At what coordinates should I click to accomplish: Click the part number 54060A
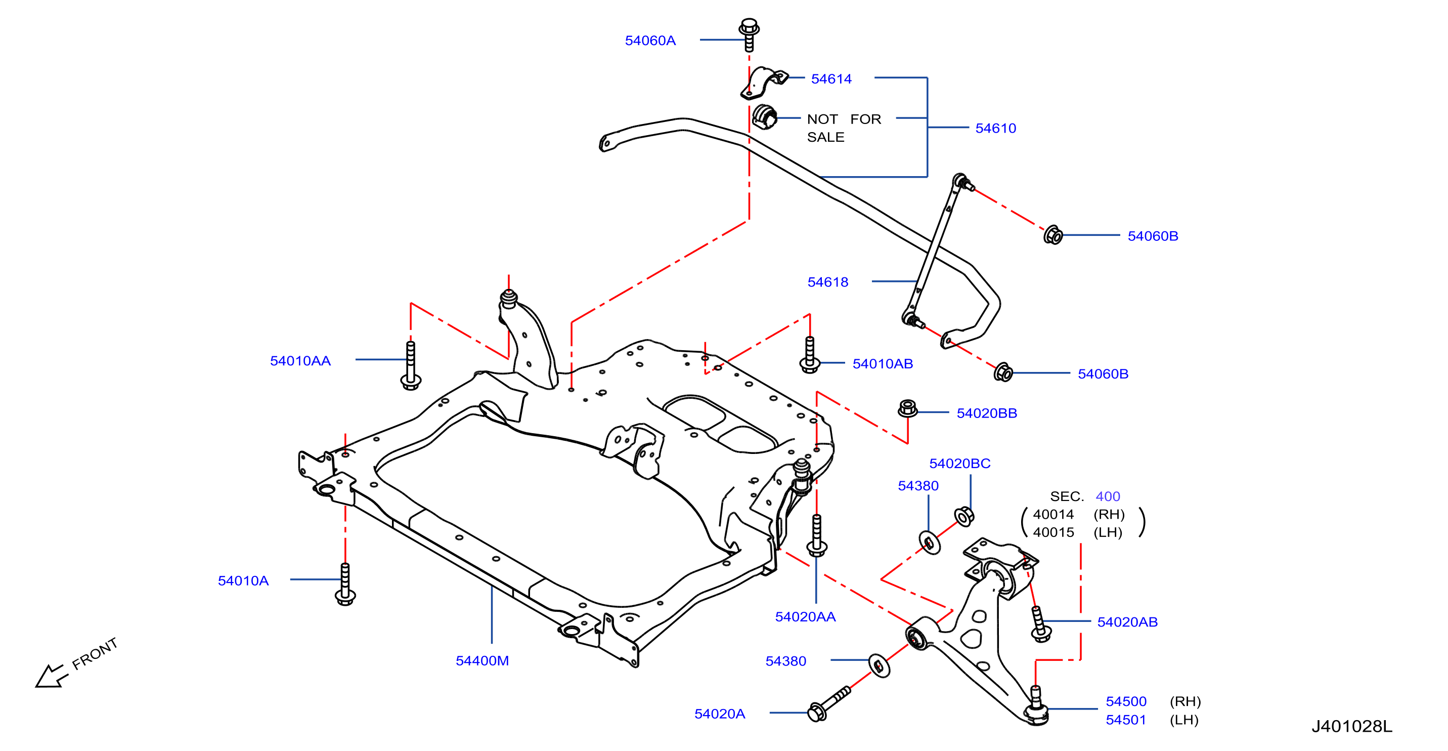[650, 40]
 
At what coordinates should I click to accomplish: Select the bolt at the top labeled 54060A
[749, 34]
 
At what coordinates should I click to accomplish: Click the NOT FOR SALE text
[844, 128]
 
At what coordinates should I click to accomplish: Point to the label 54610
[995, 128]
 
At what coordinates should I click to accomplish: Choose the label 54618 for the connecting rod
[827, 282]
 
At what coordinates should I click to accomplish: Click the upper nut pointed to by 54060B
[1053, 235]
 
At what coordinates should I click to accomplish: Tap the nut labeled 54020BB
[908, 408]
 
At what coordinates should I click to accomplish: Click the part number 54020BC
[959, 464]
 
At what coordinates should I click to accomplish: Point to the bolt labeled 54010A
[345, 585]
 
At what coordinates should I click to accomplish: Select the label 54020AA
[805, 617]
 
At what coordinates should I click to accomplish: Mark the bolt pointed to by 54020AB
[1040, 624]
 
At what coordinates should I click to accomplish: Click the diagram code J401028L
[1352, 727]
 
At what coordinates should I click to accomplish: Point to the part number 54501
[1125, 720]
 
